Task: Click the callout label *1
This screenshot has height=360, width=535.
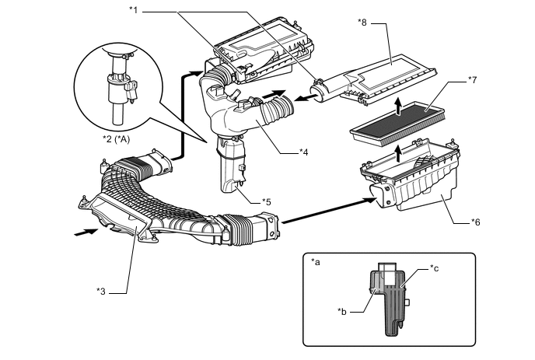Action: [x=134, y=10]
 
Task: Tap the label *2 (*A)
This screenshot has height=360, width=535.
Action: [x=117, y=139]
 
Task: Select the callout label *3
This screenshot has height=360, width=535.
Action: [x=101, y=292]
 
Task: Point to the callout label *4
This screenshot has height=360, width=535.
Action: [x=304, y=152]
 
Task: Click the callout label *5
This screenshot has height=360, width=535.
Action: [x=267, y=201]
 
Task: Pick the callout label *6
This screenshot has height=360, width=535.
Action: [x=476, y=222]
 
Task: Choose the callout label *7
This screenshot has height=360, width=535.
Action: [x=473, y=80]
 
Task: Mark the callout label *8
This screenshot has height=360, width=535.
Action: [x=362, y=23]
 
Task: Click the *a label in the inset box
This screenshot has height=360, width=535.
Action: [x=316, y=262]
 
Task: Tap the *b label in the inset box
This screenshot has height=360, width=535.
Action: [x=342, y=312]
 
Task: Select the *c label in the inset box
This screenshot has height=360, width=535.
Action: [x=435, y=268]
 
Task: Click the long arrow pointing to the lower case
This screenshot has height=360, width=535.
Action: [x=330, y=211]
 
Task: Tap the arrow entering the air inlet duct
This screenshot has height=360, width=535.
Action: [x=86, y=232]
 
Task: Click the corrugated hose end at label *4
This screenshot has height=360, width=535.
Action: [x=275, y=109]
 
